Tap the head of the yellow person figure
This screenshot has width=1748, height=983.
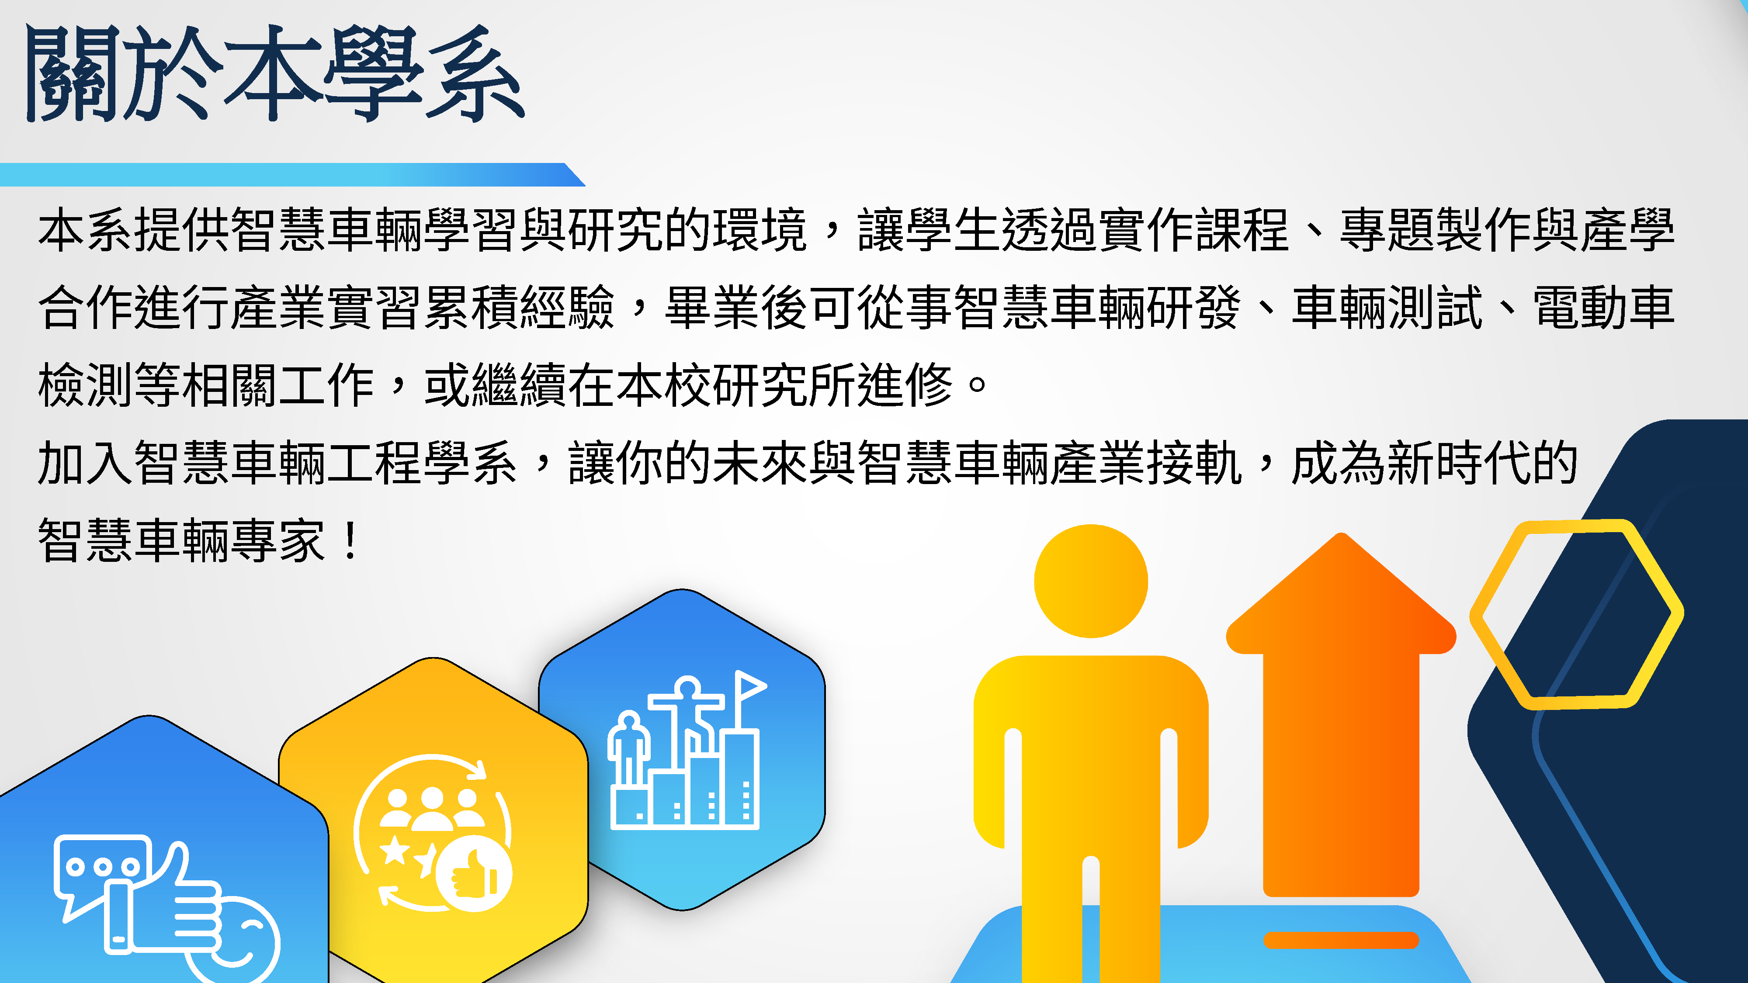coord(1090,581)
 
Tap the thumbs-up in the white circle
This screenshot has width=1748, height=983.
coord(474,873)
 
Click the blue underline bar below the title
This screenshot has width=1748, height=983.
coord(292,174)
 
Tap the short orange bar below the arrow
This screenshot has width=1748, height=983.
coord(1341,940)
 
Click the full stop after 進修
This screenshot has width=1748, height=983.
coord(978,384)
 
